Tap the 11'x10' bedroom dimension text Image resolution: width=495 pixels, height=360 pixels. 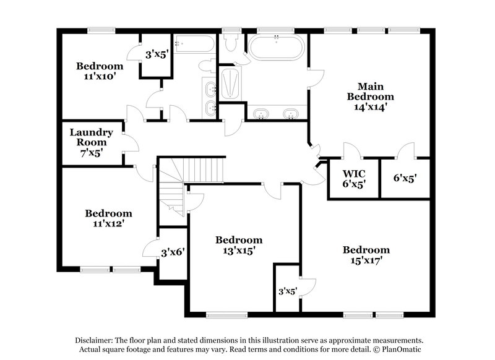[x=99, y=77]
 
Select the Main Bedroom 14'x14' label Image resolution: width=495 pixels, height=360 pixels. [x=370, y=96]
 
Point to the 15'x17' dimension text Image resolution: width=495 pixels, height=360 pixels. [x=366, y=260]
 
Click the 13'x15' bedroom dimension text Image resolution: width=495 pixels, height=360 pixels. [x=238, y=251]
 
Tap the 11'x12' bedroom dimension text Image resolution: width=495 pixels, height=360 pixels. [x=108, y=223]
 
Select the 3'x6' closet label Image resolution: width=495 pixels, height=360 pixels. [x=173, y=252]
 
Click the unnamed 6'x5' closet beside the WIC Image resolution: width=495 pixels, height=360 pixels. [x=405, y=178]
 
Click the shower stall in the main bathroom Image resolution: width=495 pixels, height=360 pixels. [x=230, y=84]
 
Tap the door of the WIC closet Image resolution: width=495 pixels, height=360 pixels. [x=351, y=150]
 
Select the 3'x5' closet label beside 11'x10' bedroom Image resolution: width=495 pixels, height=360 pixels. [x=156, y=54]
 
